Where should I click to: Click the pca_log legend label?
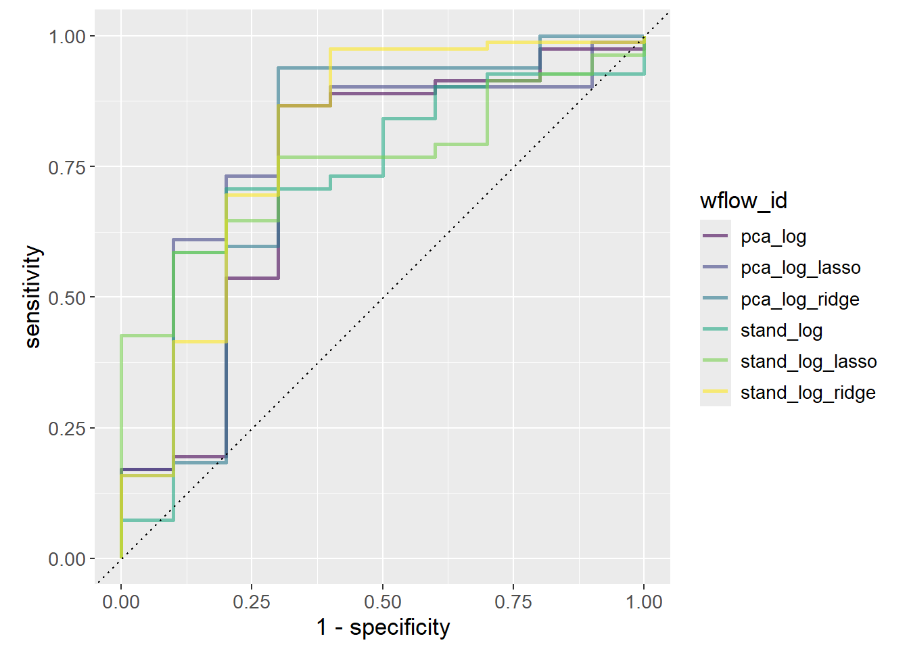[773, 237]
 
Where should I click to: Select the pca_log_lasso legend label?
[800, 268]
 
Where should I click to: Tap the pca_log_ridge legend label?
[799, 299]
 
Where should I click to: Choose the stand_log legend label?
[781, 330]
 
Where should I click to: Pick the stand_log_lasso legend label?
[808, 361]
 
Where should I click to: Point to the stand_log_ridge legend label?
[808, 392]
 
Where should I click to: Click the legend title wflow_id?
[743, 201]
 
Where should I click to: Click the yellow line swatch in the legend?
[715, 391]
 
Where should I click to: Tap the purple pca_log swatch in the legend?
[715, 236]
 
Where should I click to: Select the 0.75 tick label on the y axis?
[67, 167]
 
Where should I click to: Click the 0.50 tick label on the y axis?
[67, 297]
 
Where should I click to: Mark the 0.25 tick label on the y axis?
[67, 429]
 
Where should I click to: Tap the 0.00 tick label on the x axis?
[121, 602]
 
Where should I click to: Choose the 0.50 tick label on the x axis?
[383, 602]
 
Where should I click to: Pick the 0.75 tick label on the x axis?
[513, 602]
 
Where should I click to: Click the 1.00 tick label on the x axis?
[644, 602]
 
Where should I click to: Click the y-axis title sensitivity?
[32, 297]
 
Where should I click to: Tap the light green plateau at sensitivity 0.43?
[147, 335]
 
